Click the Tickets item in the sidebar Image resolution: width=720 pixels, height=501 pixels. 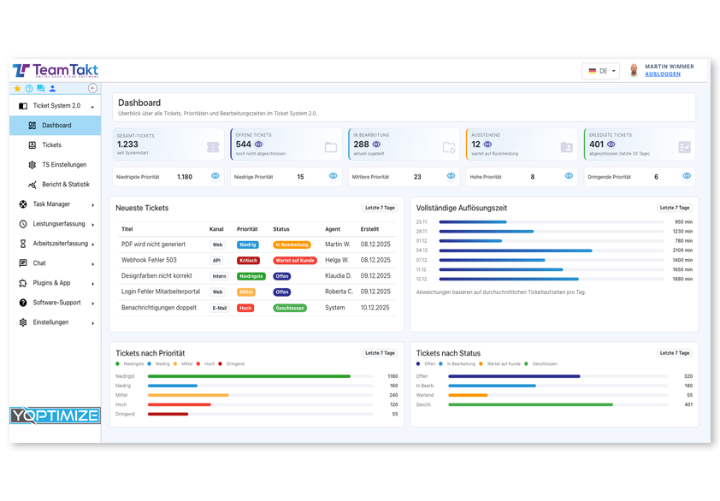51,145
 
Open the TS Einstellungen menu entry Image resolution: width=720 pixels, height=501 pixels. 63,165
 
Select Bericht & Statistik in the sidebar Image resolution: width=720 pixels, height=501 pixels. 65,185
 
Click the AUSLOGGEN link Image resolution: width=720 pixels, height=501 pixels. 663,74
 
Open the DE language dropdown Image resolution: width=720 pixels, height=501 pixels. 601,71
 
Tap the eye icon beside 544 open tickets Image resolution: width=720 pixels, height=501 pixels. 258,145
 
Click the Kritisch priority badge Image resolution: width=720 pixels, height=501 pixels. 248,260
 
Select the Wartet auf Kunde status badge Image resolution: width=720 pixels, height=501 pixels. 295,260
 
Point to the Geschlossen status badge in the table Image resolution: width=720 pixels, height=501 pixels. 290,308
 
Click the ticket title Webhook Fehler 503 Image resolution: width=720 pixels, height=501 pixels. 149,260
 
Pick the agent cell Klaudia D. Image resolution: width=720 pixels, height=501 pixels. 338,276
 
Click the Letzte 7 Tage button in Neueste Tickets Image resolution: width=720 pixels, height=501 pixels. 380,208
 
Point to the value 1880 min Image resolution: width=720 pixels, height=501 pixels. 682,279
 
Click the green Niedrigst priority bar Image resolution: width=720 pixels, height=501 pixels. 249,376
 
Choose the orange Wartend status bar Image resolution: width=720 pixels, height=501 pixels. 468,395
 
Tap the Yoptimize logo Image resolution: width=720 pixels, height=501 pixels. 56,416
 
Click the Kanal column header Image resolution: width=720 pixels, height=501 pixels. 216,229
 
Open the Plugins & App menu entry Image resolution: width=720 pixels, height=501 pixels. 51,283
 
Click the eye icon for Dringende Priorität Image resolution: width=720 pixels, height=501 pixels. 686,176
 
